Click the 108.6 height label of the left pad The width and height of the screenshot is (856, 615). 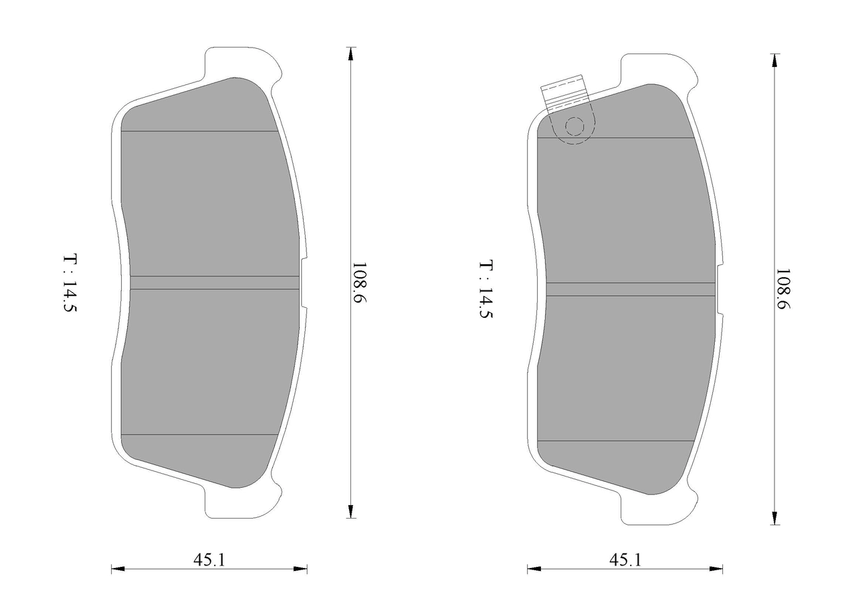click(359, 282)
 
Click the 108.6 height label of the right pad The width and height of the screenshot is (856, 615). click(782, 289)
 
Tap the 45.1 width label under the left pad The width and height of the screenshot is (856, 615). click(209, 560)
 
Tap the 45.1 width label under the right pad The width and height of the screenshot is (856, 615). click(625, 560)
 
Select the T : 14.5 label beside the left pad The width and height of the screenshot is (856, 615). click(70, 282)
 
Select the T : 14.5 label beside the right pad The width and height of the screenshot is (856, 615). click(486, 289)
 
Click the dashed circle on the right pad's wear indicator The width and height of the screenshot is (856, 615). click(574, 126)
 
